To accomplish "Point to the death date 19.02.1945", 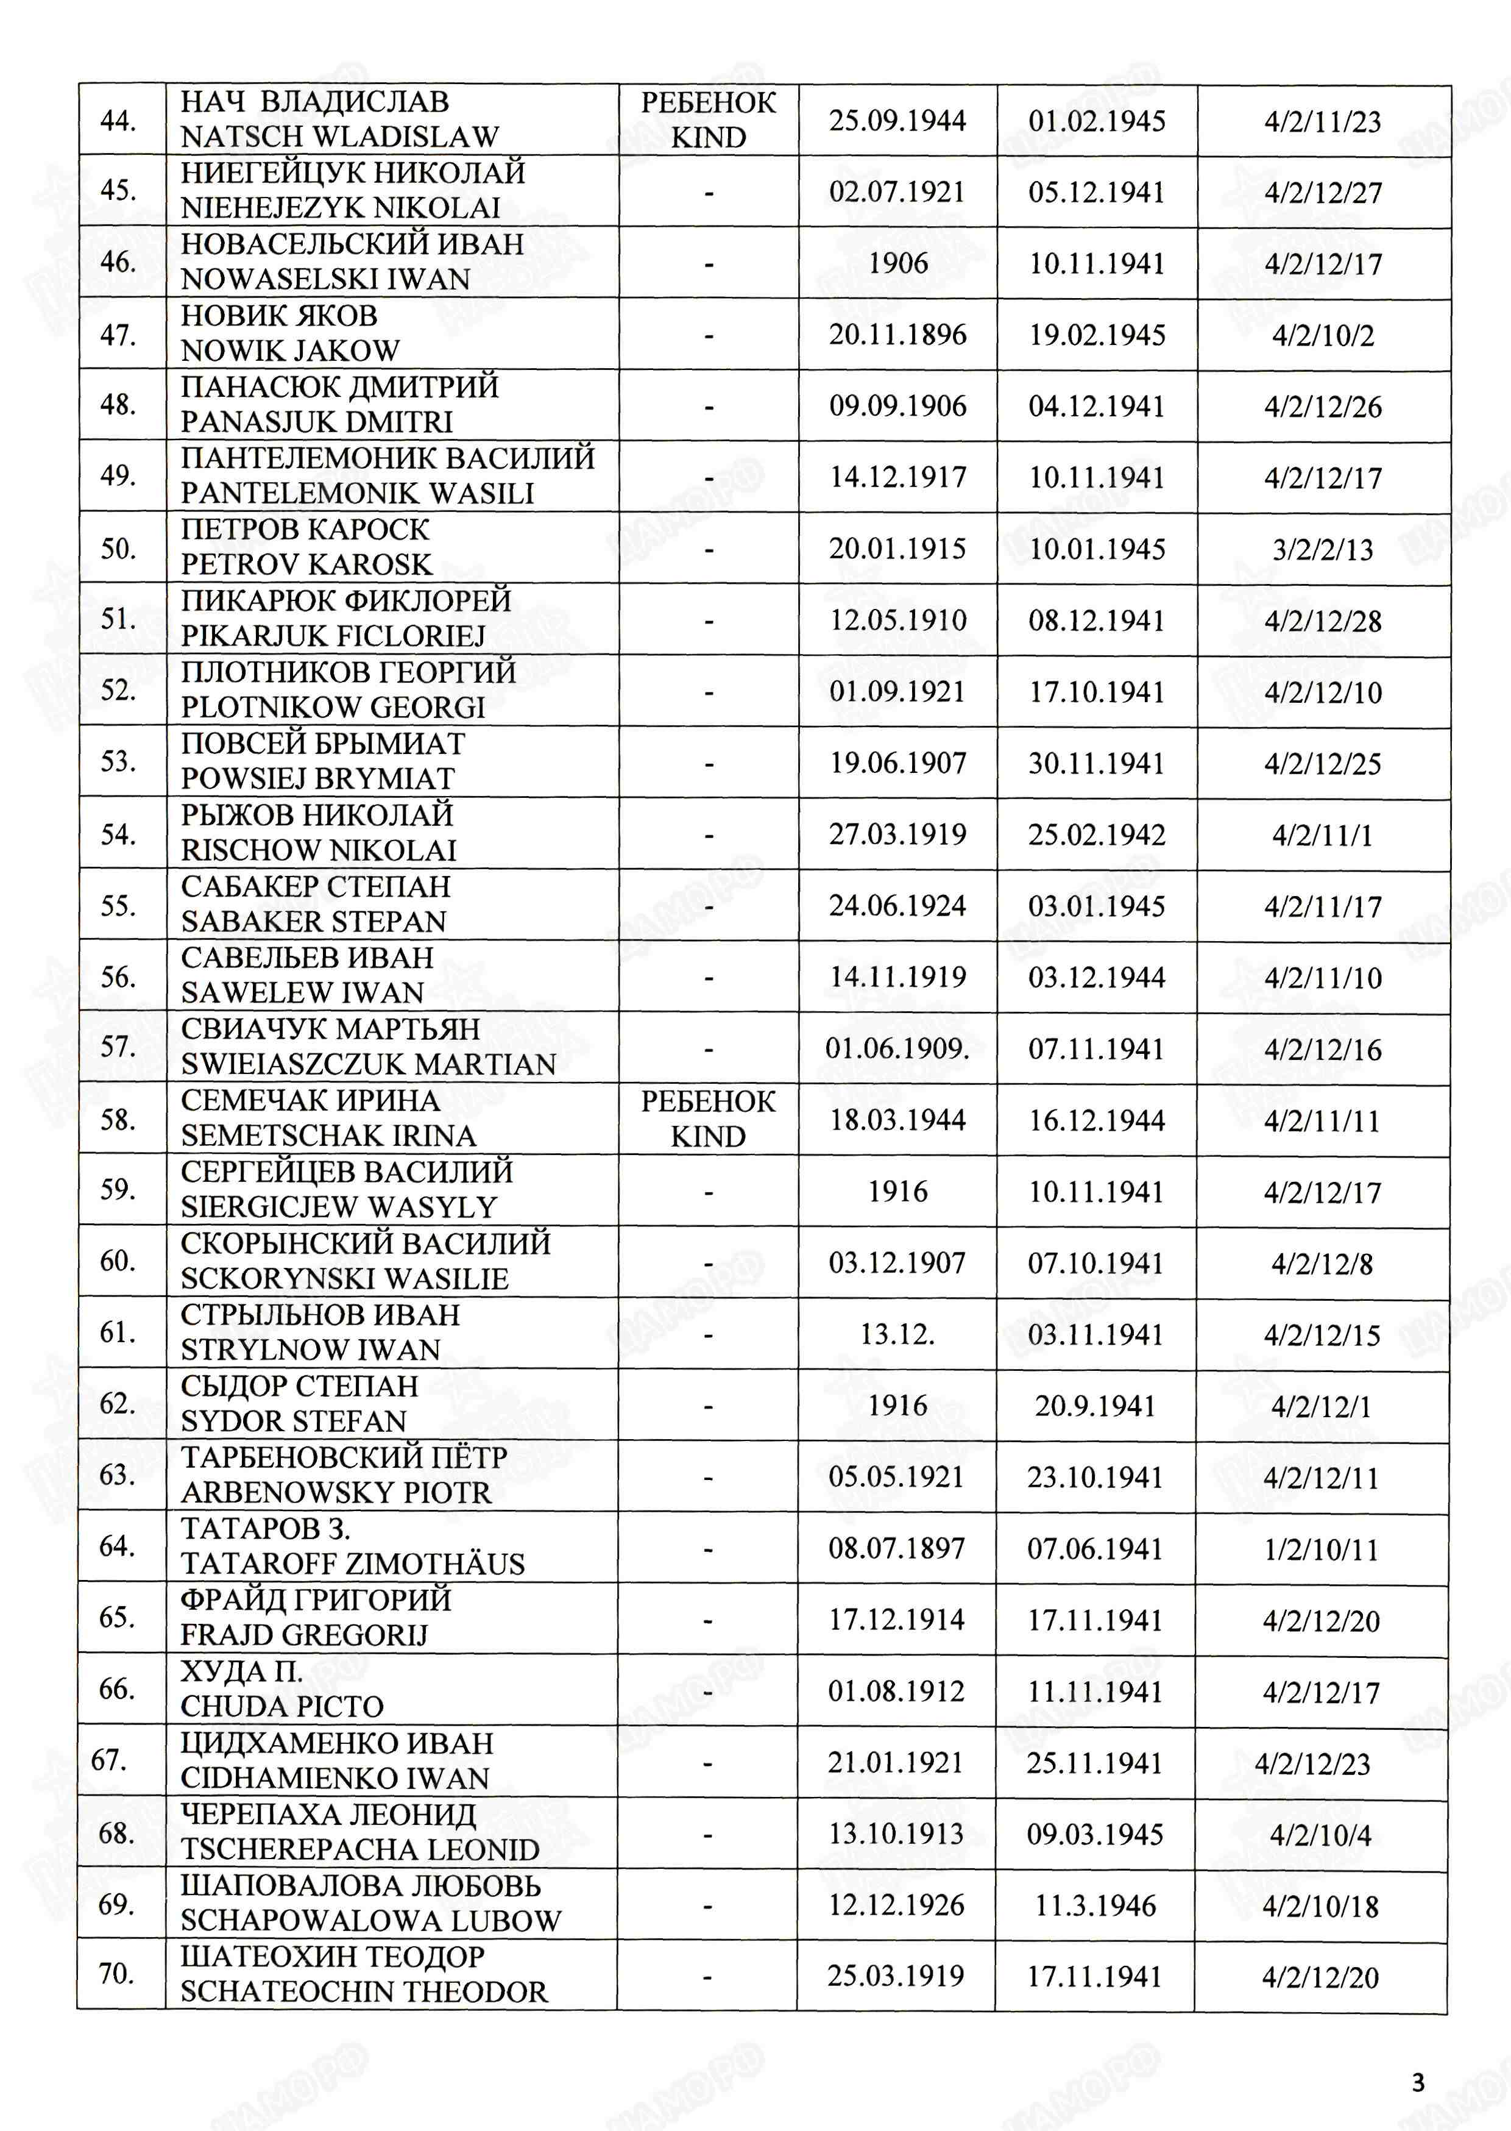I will tap(1096, 335).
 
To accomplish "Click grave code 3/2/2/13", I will tap(1322, 549).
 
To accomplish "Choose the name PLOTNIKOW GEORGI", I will tap(333, 707).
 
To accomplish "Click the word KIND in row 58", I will tap(708, 1136).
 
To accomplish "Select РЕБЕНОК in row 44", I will tap(708, 102).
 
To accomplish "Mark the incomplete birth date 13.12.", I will tap(897, 1334).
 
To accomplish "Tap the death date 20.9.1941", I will tap(1095, 1405).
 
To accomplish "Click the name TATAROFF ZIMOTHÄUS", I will tap(353, 1564).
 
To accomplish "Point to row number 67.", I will tap(109, 1760).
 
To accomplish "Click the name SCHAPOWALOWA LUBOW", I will tap(370, 1921).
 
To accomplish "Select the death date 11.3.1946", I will tap(1095, 1905).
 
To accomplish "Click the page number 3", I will tap(1418, 2082).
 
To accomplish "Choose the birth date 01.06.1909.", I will tap(897, 1049).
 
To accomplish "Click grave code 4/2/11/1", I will tap(1322, 834).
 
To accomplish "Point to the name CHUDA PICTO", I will tap(282, 1706).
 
